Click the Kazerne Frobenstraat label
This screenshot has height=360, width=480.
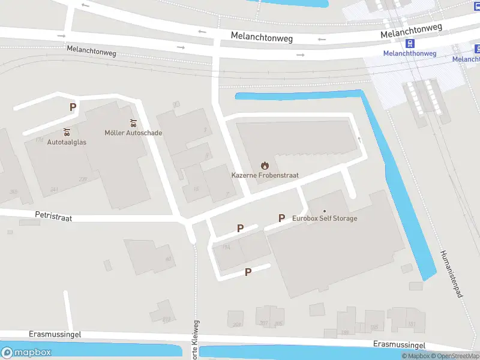coord(265,175)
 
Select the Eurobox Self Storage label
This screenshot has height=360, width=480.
coord(325,218)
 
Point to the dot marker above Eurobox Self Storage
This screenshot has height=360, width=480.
coord(325,211)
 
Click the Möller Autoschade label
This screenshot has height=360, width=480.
coord(133,133)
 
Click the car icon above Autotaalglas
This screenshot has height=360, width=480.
coord(67,131)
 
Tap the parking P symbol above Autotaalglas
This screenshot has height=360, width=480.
coord(73,107)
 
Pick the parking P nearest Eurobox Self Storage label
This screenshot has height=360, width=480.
coord(281,218)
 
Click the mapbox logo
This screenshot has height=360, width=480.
coord(26,353)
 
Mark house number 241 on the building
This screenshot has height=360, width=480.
coord(54,190)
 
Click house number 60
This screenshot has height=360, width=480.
coord(169,259)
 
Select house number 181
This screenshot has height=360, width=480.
coord(412,325)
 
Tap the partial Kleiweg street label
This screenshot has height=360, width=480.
coord(196,344)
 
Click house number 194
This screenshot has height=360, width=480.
coord(226,247)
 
